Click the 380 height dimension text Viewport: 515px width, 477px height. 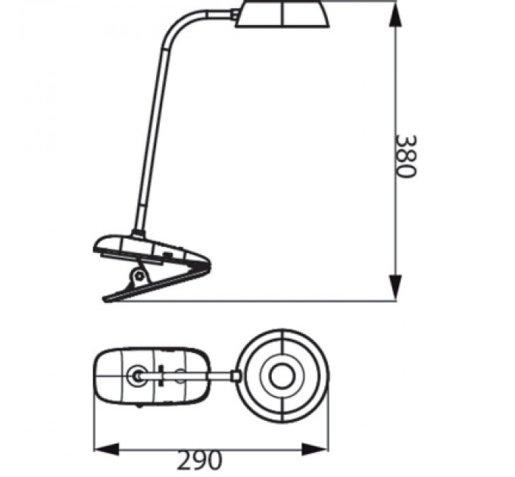407,156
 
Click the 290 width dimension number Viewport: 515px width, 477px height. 200,459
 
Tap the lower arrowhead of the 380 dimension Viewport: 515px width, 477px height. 395,288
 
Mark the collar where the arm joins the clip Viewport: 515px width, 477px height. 137,234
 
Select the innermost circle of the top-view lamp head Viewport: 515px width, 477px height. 285,373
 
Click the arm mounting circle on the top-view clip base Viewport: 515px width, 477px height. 136,373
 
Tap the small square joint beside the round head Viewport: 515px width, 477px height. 236,373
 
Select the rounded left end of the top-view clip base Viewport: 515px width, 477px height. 98,374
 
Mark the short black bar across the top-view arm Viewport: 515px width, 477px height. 161,373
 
